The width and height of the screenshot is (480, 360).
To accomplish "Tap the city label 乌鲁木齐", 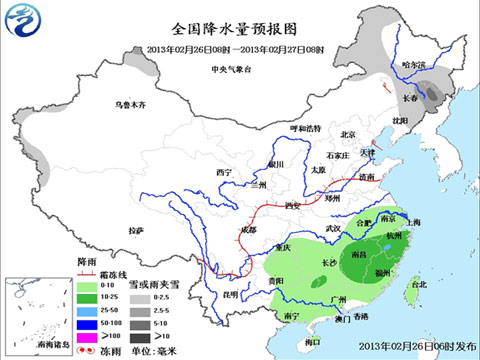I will [130, 104].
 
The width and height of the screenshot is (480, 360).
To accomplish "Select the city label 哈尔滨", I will [413, 65].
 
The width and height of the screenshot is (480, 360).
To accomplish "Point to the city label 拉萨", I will [138, 230].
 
